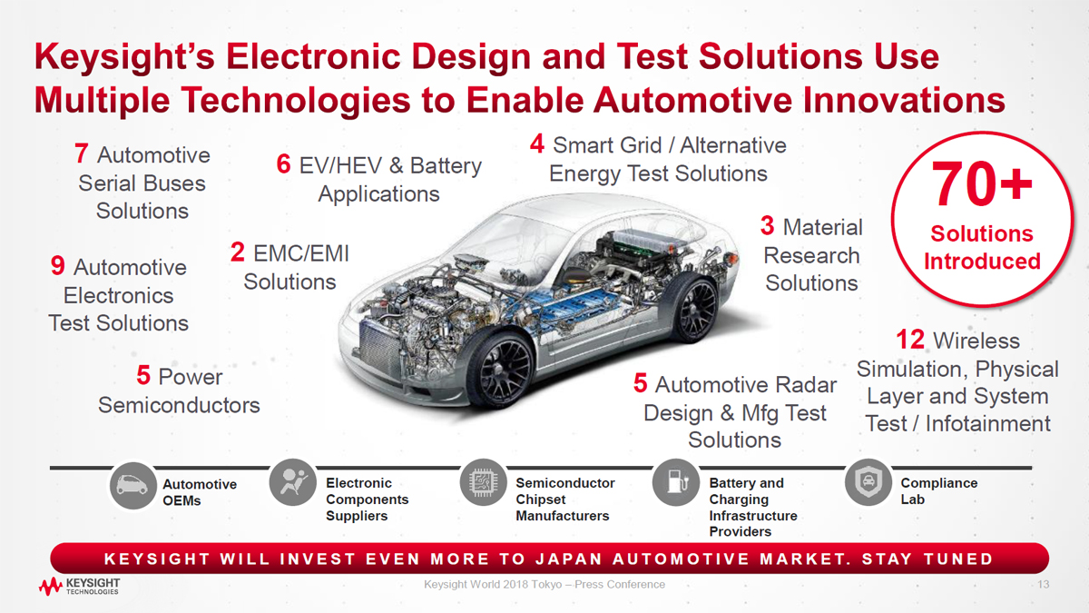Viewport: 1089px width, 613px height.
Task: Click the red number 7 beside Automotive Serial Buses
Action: [81, 153]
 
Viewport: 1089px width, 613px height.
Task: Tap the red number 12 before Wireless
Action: [909, 340]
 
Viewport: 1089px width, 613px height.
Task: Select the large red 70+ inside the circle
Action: [981, 183]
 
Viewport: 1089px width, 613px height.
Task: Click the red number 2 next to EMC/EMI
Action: [237, 252]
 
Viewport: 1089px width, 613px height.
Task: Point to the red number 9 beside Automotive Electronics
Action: [58, 265]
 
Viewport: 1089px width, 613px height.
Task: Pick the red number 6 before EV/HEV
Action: [283, 164]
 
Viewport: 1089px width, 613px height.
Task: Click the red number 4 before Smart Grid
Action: [536, 143]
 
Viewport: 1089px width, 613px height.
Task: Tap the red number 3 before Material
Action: [767, 226]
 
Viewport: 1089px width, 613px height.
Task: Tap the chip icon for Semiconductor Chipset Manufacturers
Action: [483, 482]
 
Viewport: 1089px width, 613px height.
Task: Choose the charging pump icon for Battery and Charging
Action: [676, 482]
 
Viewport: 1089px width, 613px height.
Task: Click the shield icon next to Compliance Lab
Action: [868, 482]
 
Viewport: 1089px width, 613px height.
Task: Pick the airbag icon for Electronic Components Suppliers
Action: [292, 482]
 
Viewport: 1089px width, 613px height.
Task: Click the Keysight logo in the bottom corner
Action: [79, 587]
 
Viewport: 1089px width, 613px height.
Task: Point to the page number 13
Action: [1044, 584]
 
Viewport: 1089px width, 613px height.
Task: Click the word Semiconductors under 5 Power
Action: [179, 405]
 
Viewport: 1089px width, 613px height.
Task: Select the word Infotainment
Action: [988, 423]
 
